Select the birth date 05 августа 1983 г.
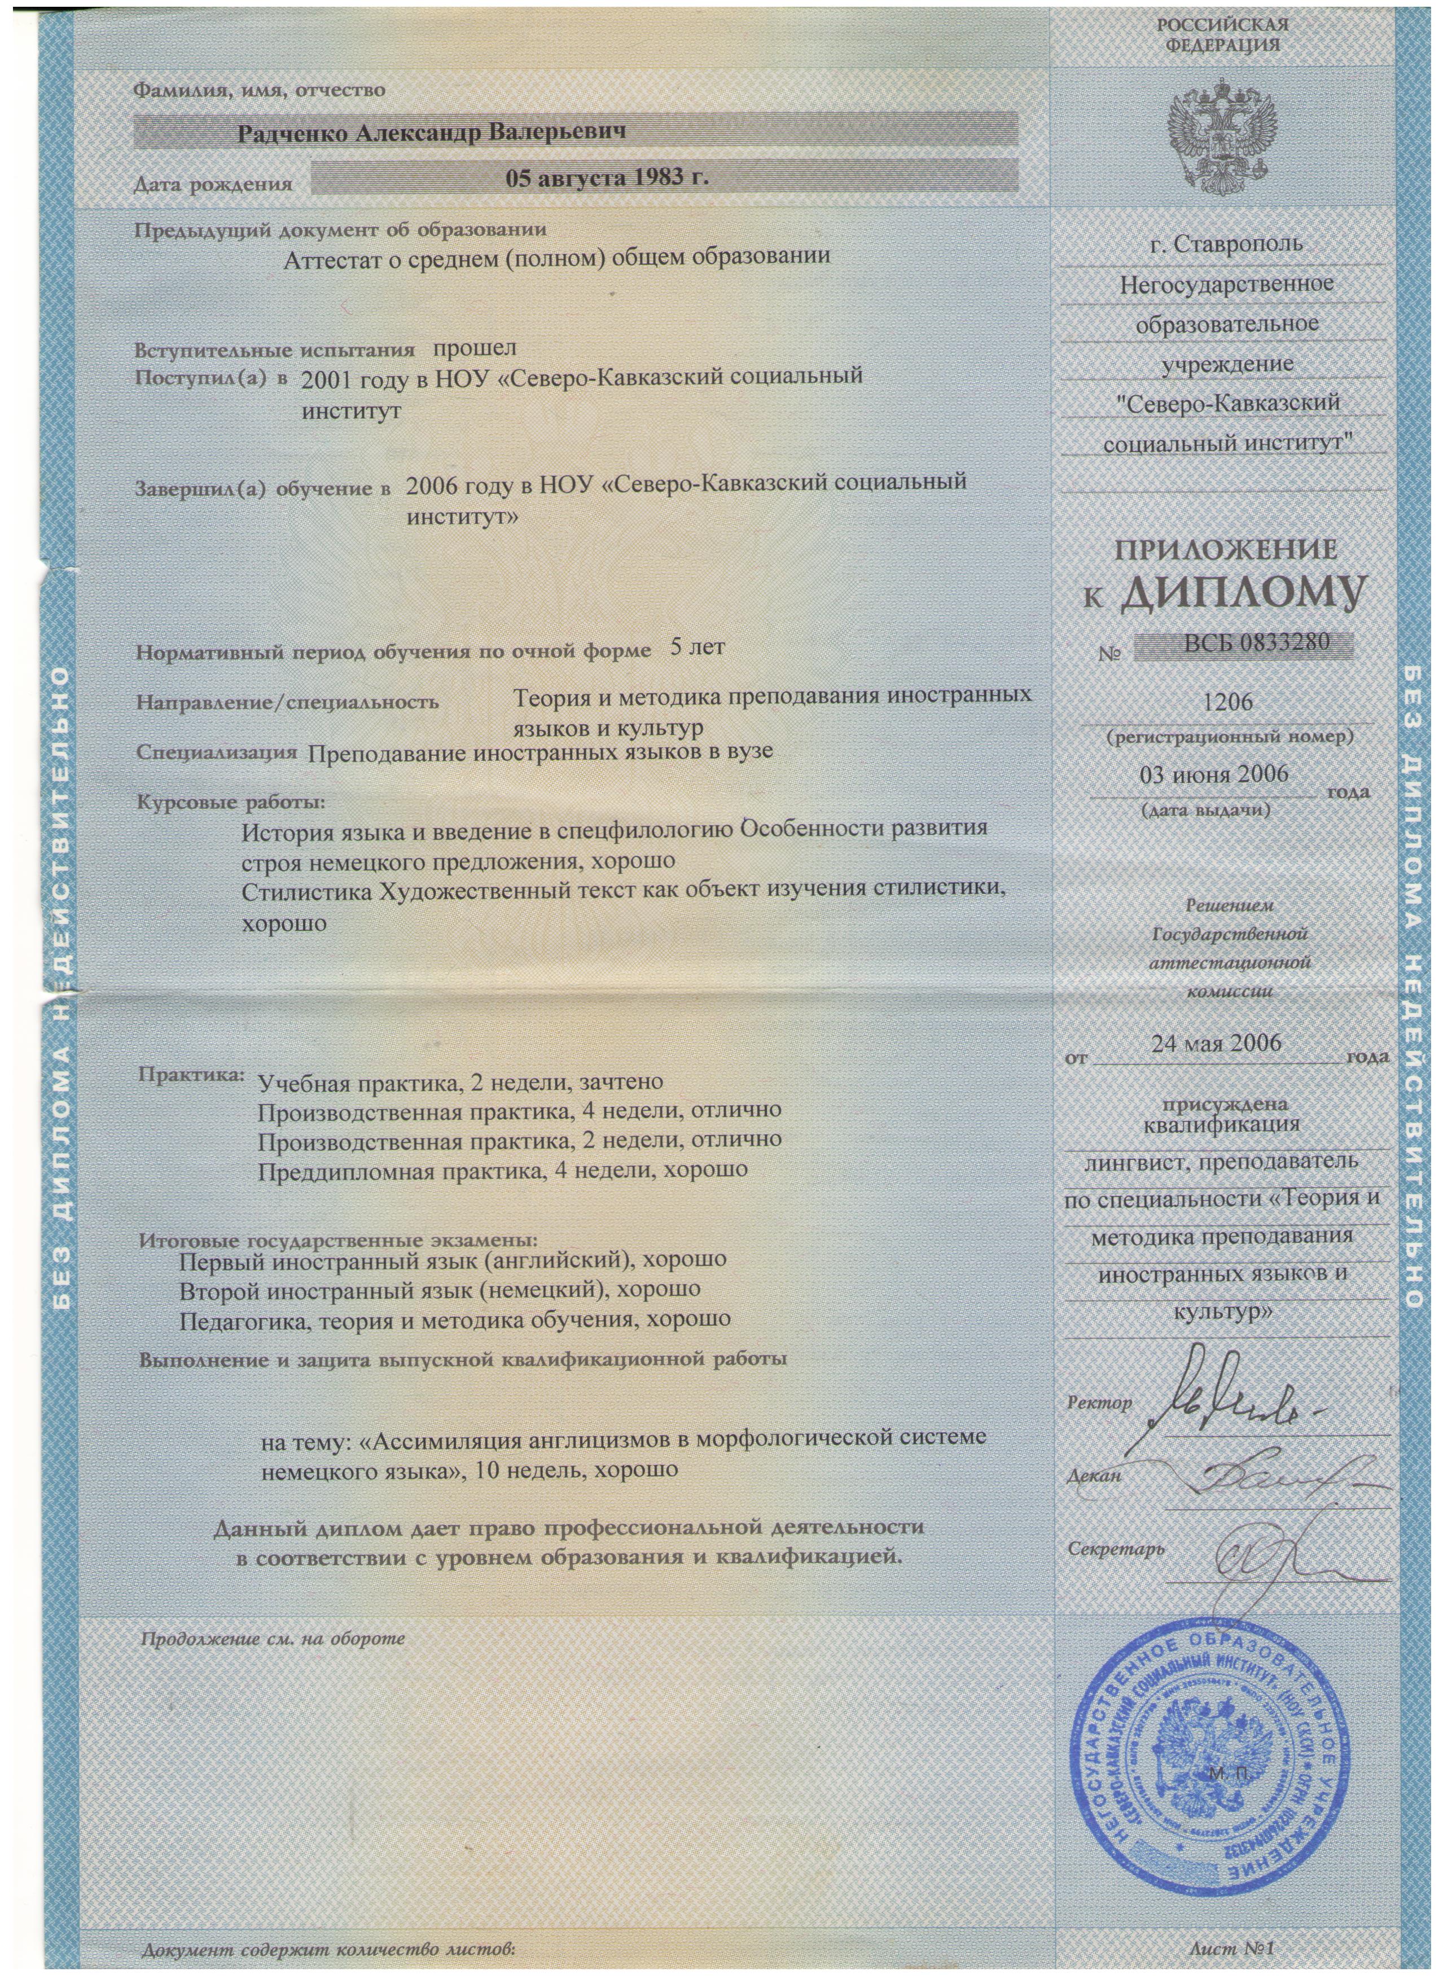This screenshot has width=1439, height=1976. coord(608,178)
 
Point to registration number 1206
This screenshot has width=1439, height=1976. coord(1218,702)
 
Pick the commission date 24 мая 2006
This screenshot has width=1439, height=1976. coord(1216,1043)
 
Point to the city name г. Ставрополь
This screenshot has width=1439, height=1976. coord(1225,245)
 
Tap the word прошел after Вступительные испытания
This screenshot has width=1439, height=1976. coord(474,348)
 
